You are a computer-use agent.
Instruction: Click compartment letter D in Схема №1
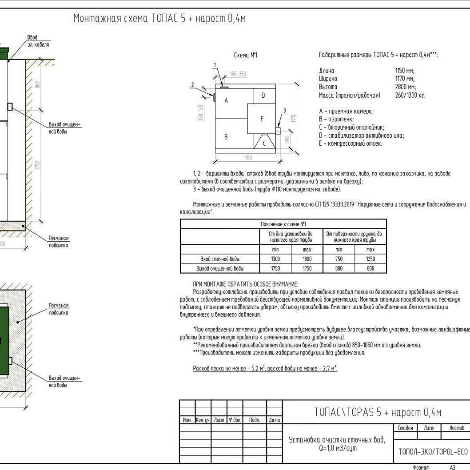(263, 96)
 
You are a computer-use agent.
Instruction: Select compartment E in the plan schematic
(262, 119)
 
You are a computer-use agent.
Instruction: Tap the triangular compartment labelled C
(264, 143)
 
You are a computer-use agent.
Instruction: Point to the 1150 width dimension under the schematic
(247, 158)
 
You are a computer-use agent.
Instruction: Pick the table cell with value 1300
(275, 259)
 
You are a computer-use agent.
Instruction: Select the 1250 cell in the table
(370, 259)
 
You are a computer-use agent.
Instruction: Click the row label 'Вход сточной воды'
(220, 259)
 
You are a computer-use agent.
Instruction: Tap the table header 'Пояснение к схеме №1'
(283, 224)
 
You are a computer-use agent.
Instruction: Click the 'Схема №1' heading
(245, 56)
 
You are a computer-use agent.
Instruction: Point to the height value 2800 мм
(405, 87)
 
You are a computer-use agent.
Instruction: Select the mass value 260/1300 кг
(410, 95)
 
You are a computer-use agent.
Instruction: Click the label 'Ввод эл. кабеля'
(38, 41)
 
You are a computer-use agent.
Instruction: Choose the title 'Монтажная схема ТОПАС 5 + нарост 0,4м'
(159, 19)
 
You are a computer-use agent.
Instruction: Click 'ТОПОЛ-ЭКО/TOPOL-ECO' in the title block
(433, 451)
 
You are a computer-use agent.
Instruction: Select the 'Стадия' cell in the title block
(405, 428)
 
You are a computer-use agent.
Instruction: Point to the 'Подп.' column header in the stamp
(255, 420)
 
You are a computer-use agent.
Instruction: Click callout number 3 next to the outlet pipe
(284, 111)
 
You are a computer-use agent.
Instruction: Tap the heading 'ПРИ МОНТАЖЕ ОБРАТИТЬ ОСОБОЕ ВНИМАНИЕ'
(245, 284)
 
